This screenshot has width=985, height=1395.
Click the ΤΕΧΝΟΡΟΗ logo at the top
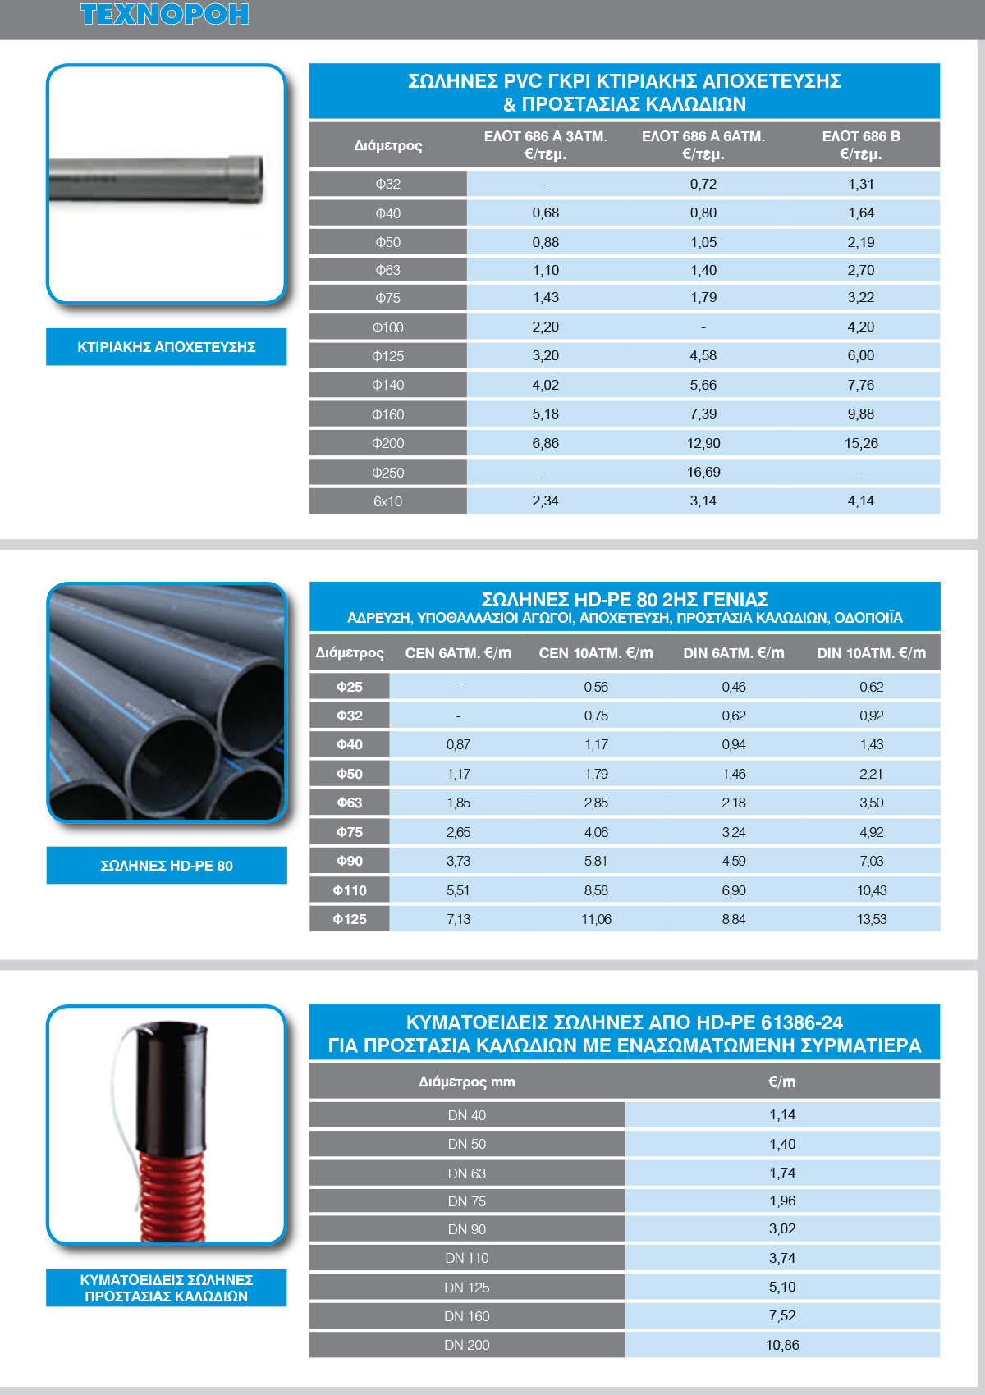pyautogui.click(x=164, y=15)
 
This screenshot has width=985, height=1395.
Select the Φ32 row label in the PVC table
pyautogui.click(x=387, y=184)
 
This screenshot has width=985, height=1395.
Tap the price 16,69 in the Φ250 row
pyautogui.click(x=703, y=472)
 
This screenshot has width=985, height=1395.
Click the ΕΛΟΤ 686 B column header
pyautogui.click(x=860, y=144)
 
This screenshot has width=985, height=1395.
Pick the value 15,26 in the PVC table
pyautogui.click(x=860, y=443)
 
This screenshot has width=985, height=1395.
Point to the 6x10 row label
pyautogui.click(x=387, y=501)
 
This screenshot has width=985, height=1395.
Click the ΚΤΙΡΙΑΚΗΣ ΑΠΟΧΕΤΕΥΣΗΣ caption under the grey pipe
pyautogui.click(x=166, y=347)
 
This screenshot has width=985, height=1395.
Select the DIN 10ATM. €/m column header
pyautogui.click(x=871, y=653)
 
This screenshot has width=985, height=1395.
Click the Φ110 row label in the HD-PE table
pyautogui.click(x=350, y=890)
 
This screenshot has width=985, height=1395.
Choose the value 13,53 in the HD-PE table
pyautogui.click(x=872, y=919)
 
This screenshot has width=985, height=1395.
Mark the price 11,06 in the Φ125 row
pyautogui.click(x=596, y=919)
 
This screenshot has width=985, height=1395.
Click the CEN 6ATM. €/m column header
pyautogui.click(x=458, y=653)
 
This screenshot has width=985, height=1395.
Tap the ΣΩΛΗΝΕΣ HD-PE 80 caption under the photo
pyautogui.click(x=167, y=866)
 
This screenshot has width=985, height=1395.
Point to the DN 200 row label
pyautogui.click(x=466, y=1345)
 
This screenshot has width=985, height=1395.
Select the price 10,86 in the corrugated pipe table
pyautogui.click(x=782, y=1345)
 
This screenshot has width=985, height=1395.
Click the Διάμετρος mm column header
pyautogui.click(x=466, y=1082)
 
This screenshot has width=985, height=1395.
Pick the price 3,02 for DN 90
pyautogui.click(x=782, y=1228)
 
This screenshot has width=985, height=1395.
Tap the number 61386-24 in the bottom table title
pyautogui.click(x=801, y=1022)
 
